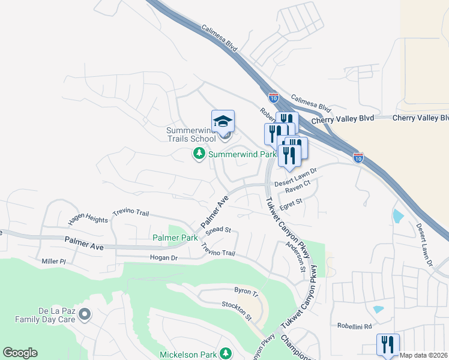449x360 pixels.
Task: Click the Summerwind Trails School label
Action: click(191, 134)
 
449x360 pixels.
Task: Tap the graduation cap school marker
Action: click(223, 121)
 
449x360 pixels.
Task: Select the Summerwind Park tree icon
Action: click(199, 154)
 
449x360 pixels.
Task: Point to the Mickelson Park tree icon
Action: click(226, 354)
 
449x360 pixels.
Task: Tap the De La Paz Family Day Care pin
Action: click(85, 314)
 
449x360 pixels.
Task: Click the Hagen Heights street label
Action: click(89, 218)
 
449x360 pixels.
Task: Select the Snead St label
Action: click(218, 230)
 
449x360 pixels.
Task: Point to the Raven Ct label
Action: click(297, 190)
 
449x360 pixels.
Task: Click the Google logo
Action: click(20, 353)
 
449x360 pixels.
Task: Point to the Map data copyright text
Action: click(424, 355)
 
